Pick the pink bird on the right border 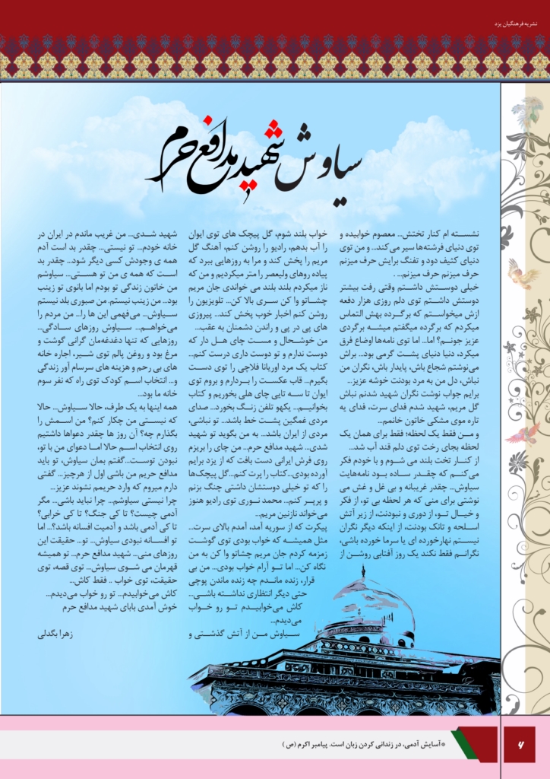[523, 434]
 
